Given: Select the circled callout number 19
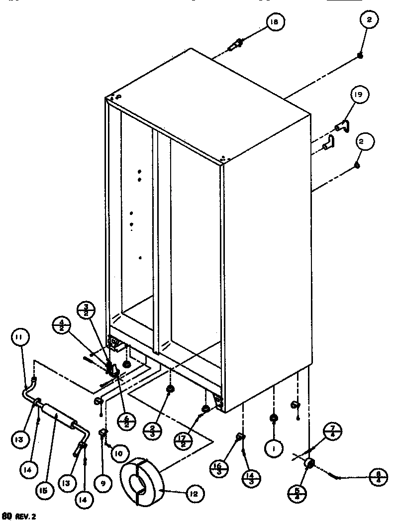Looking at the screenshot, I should (358, 95).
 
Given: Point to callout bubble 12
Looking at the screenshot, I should (194, 494).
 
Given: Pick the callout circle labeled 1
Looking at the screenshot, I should (274, 448).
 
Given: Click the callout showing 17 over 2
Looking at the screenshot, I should (184, 440).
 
